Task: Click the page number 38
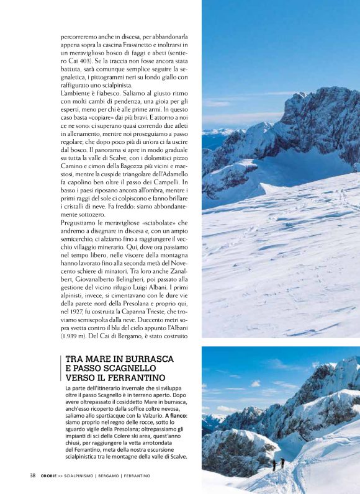tap(32, 476)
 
